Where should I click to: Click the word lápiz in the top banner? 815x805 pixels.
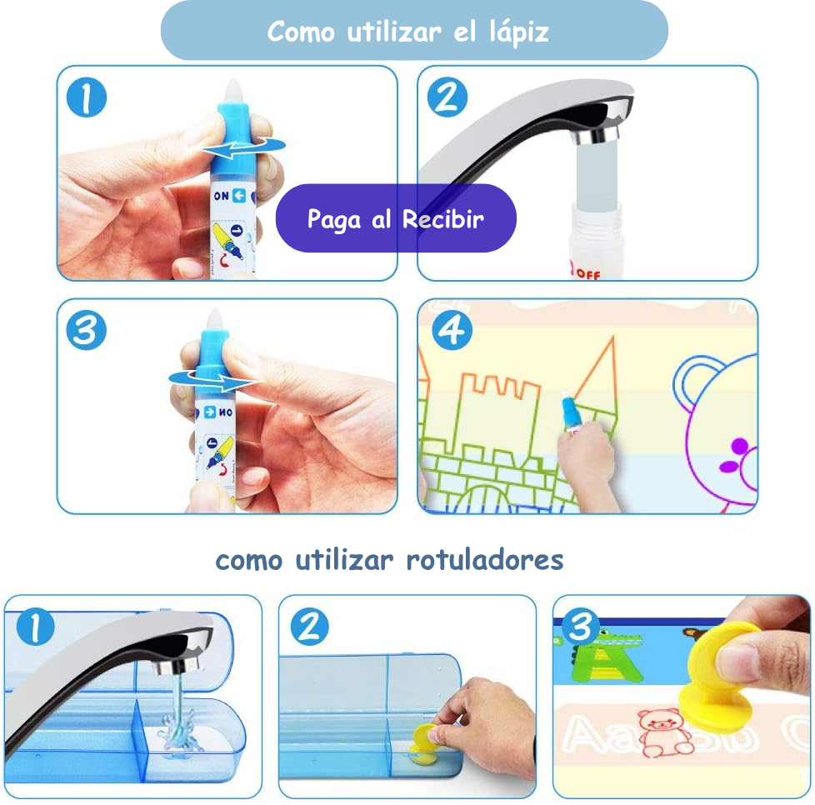coord(518,32)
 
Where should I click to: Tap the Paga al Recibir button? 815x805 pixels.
coord(396,218)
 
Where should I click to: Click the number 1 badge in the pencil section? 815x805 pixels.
coord(87,97)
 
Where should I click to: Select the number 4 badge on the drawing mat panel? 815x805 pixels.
coord(452,330)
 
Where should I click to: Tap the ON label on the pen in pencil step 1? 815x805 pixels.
coord(221,196)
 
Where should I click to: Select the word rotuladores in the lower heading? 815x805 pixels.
coord(484,560)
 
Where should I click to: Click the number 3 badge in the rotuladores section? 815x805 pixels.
coord(580,627)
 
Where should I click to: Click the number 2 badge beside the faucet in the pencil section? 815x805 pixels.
coord(447,97)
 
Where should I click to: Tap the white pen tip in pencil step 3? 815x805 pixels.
coord(214,318)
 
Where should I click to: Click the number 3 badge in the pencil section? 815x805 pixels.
coord(87,330)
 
